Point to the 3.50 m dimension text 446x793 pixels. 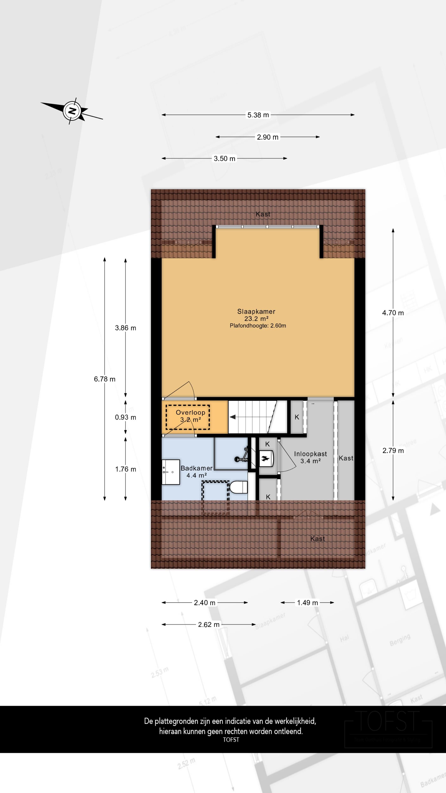pyautogui.click(x=224, y=159)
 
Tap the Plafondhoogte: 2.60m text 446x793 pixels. pyautogui.click(x=258, y=326)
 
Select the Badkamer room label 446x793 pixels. pyautogui.click(x=196, y=468)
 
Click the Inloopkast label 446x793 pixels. pyautogui.click(x=310, y=454)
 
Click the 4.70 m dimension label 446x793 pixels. pyautogui.click(x=393, y=313)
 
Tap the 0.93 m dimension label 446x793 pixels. pyautogui.click(x=125, y=417)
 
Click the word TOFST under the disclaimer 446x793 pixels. pyautogui.click(x=231, y=740)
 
